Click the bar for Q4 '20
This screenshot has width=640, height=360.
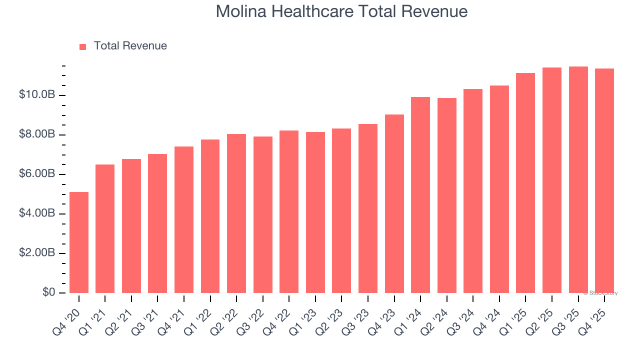[79, 242]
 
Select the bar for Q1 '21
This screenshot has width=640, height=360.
[105, 228]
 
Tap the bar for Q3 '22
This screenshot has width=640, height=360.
[263, 214]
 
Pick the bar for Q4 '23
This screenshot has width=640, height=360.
[394, 203]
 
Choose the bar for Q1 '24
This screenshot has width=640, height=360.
[420, 195]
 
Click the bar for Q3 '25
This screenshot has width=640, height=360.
[578, 179]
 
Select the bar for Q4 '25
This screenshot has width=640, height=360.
[604, 180]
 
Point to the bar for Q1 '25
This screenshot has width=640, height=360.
[525, 183]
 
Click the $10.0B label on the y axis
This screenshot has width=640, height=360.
[37, 94]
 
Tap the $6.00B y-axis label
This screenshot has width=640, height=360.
[37, 173]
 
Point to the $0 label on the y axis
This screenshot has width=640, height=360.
[49, 292]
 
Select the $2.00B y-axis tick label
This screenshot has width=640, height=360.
[37, 252]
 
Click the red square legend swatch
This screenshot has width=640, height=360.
[83, 46]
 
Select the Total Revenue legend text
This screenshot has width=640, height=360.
[130, 46]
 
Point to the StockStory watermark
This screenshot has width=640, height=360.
[601, 293]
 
